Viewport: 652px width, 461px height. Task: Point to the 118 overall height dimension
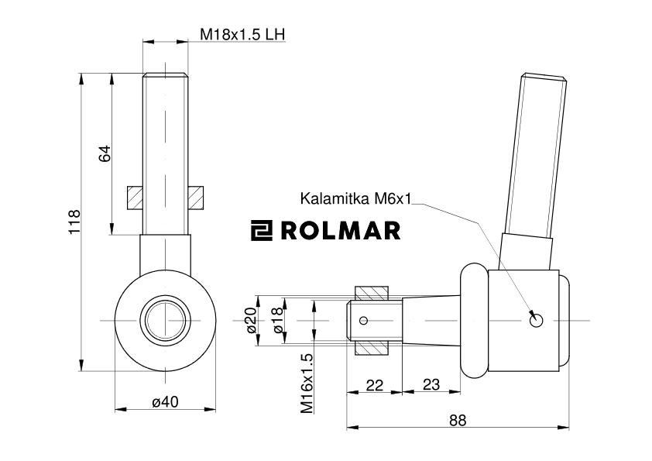(75, 223)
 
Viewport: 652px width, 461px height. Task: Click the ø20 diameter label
(250, 320)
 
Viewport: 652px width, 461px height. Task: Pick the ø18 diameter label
(278, 320)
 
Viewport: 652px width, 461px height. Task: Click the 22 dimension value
(374, 385)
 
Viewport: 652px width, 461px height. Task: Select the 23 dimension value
(432, 385)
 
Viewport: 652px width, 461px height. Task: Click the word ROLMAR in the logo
(341, 230)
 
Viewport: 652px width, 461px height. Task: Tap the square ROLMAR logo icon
(262, 230)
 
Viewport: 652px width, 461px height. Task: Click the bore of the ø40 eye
(165, 319)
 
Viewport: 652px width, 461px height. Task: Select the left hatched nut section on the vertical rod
(134, 198)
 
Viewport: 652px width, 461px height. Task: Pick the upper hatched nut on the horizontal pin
(371, 294)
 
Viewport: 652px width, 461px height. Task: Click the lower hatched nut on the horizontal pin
(371, 346)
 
